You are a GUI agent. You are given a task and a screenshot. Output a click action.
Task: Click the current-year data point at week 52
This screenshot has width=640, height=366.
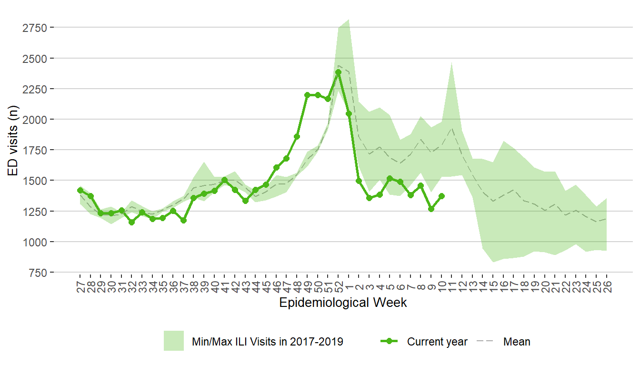338,72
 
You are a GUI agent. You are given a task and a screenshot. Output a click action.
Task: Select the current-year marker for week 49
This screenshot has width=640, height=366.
307,95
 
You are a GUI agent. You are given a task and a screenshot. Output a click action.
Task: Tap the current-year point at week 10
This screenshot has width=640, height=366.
441,196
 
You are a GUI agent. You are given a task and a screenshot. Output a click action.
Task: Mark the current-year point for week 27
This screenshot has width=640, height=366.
80,190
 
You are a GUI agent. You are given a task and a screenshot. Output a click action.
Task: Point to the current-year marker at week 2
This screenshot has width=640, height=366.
359,181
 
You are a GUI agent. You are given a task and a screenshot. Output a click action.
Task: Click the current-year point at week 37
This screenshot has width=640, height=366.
183,220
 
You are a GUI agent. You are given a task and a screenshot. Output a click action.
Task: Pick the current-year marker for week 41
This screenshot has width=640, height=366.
225,180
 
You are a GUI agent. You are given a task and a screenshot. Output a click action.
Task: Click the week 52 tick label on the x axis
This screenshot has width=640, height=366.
338,286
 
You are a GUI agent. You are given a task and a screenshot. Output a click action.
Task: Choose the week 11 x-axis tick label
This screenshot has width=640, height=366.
452,286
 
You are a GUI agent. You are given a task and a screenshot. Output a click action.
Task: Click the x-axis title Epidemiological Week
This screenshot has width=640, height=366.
343,303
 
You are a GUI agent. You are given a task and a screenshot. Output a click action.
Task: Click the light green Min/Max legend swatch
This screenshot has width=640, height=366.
174,341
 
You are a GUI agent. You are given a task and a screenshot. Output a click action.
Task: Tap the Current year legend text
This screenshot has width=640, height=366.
437,342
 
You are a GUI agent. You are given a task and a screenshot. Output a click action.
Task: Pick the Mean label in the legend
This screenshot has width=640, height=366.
516,342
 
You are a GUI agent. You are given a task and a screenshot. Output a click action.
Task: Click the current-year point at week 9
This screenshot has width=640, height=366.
431,209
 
